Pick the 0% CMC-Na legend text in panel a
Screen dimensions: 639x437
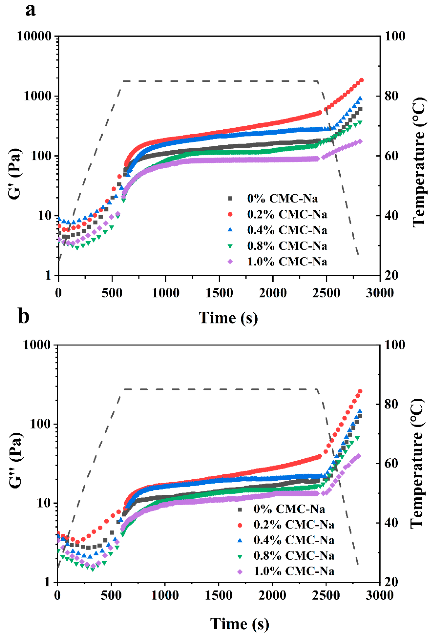(282, 198)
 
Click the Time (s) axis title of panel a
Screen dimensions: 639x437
(228, 318)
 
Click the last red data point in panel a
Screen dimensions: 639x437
(361, 80)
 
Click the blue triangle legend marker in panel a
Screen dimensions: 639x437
(230, 230)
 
